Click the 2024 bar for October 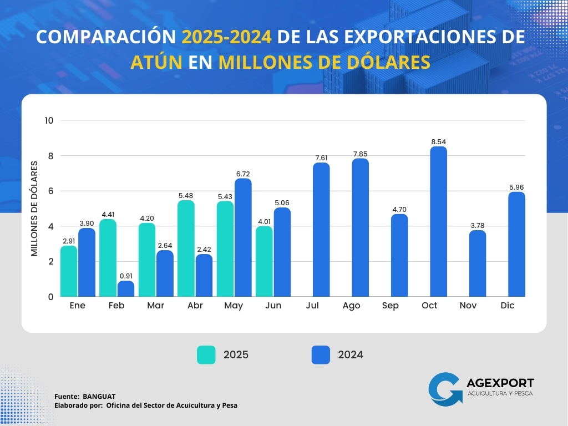(438, 221)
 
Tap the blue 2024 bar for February (126, 288)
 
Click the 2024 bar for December (516, 244)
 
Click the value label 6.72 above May (243, 174)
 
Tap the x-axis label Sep (390, 306)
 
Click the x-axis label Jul (312, 306)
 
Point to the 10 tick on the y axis (49, 120)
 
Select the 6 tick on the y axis (50, 191)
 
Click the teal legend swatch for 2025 (206, 355)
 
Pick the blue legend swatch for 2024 (321, 355)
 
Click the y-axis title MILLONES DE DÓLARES (34, 209)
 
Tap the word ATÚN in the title (156, 62)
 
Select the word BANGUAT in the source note (99, 397)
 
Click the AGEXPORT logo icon (445, 388)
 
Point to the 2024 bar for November (478, 263)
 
